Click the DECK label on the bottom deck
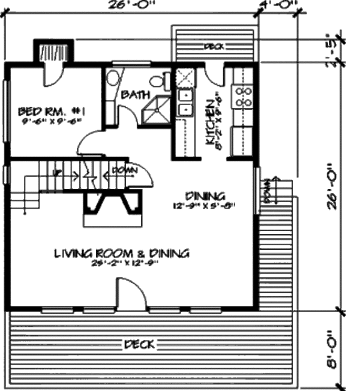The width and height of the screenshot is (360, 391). tap(139, 344)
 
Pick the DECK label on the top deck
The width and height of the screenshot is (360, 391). tap(214, 46)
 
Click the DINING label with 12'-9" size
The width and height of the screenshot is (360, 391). tap(205, 195)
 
